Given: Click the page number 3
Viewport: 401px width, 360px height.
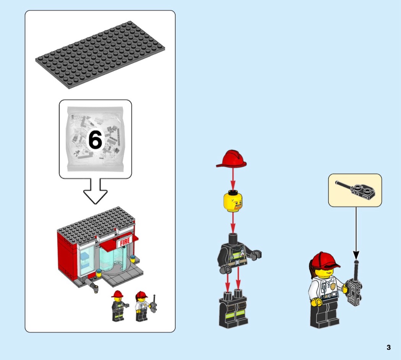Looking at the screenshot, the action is click(x=389, y=347).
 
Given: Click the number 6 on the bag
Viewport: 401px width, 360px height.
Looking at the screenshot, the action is click(x=95, y=140).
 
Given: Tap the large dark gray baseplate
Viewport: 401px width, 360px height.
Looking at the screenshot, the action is click(x=100, y=55).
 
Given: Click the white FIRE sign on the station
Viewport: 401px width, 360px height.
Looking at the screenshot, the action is click(x=125, y=241).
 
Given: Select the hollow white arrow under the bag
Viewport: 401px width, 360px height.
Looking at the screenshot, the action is click(x=95, y=191).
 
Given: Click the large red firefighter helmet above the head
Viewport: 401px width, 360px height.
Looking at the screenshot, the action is click(x=231, y=159).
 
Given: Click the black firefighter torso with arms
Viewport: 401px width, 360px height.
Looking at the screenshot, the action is click(x=239, y=254).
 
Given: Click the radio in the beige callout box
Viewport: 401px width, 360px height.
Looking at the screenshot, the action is click(x=355, y=190).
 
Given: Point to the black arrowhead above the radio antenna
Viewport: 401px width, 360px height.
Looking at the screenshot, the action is click(x=356, y=255).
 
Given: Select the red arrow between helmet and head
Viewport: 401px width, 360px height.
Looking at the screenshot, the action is click(x=233, y=179).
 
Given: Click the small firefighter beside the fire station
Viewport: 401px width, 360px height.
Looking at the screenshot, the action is click(x=119, y=306).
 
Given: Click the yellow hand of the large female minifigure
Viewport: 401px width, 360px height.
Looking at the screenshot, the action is click(x=316, y=302).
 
